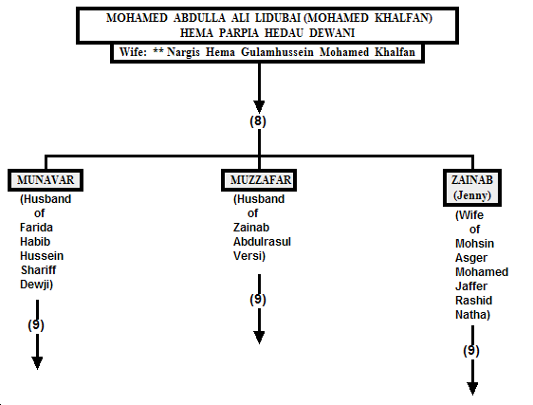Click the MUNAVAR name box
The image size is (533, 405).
tap(46, 180)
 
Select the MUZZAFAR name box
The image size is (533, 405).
tap(259, 180)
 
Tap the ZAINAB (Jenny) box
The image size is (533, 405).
tap(472, 188)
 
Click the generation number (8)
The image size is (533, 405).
tap(258, 121)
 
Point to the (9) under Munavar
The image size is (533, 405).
tap(36, 325)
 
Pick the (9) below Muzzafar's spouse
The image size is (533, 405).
tap(258, 299)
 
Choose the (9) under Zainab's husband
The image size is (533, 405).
tap(471, 350)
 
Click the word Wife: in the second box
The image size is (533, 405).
tap(133, 52)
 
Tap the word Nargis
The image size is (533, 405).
tap(183, 52)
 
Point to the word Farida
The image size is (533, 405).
tap(36, 227)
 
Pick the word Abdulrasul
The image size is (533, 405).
tap(262, 242)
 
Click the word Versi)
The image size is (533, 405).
tap(249, 256)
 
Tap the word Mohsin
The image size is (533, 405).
tap(474, 244)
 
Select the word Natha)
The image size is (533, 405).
tap(472, 315)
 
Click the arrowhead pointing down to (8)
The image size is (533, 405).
tap(259, 107)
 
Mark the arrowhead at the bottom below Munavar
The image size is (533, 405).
tap(37, 363)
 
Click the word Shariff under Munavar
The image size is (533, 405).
tap(39, 270)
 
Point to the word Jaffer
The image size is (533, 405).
tap(471, 286)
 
